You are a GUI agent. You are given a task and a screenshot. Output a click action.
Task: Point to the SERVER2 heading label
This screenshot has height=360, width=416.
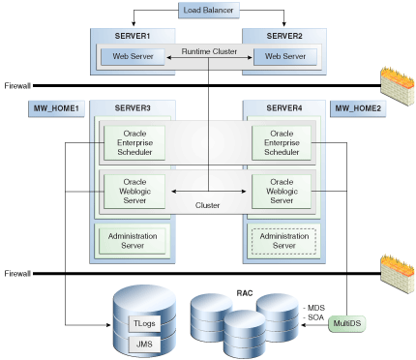click(x=283, y=36)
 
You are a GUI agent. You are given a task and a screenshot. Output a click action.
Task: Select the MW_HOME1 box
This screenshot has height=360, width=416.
click(x=57, y=107)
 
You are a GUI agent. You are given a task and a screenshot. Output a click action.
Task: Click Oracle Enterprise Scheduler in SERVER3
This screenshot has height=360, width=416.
click(x=134, y=142)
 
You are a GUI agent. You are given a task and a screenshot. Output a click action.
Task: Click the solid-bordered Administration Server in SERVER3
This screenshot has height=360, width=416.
click(x=134, y=239)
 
